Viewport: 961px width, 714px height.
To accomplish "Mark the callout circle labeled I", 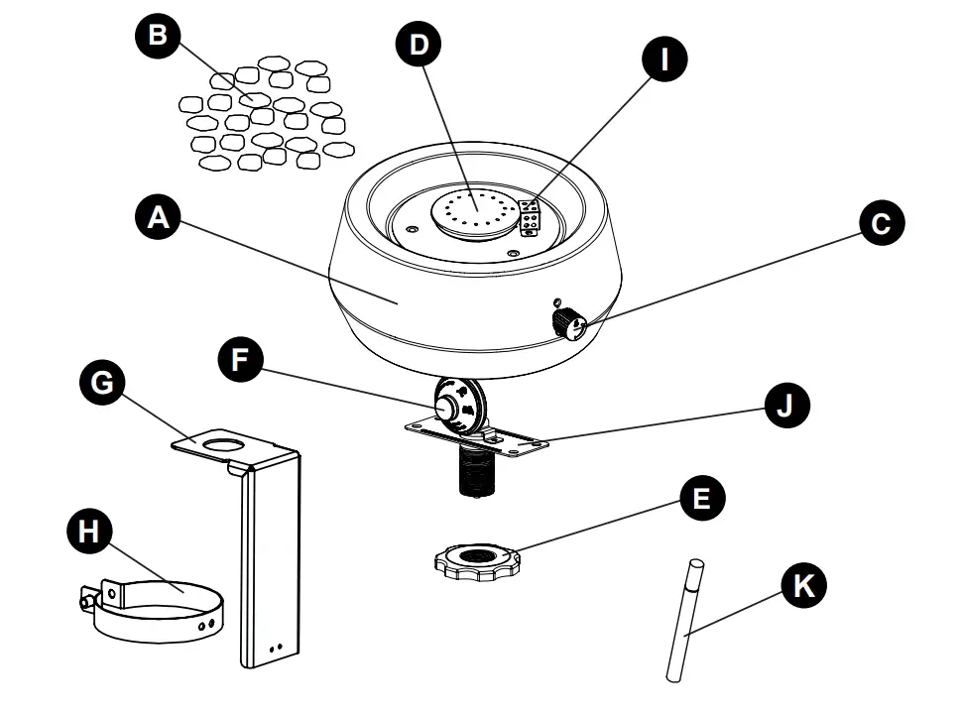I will click(665, 59).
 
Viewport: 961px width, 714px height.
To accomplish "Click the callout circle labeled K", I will click(801, 586).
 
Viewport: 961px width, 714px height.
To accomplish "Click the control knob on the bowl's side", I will click(569, 323).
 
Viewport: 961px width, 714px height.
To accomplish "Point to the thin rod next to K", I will click(683, 620).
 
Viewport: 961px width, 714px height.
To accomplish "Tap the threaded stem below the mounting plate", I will click(477, 472).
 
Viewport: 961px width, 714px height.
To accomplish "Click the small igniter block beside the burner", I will click(530, 218).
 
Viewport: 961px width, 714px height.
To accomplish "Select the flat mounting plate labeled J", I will click(516, 440).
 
